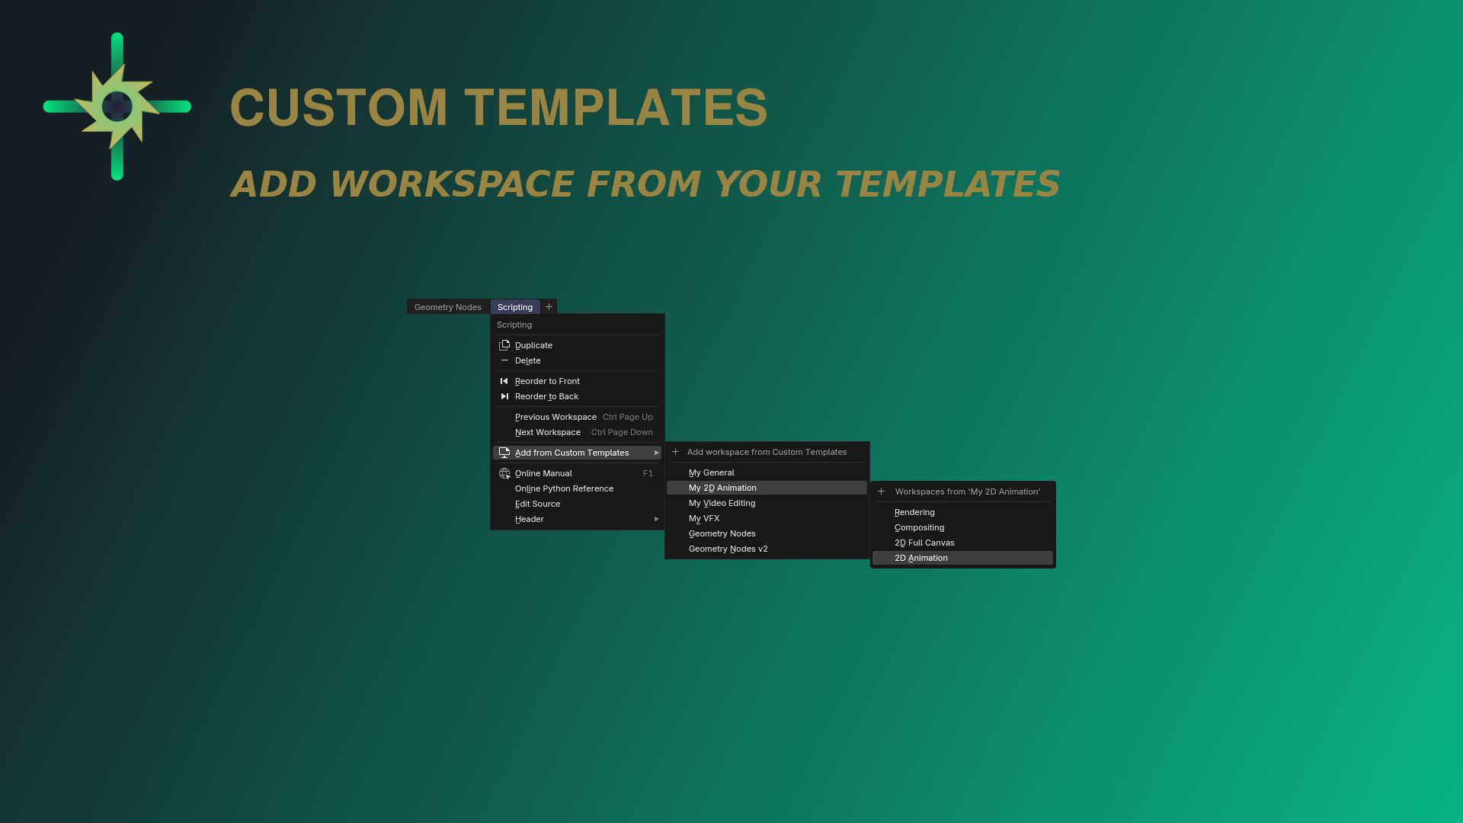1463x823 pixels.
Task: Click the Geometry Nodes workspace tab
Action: point(447,307)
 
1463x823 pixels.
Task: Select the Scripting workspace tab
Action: point(515,307)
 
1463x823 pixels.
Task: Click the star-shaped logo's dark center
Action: point(117,107)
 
